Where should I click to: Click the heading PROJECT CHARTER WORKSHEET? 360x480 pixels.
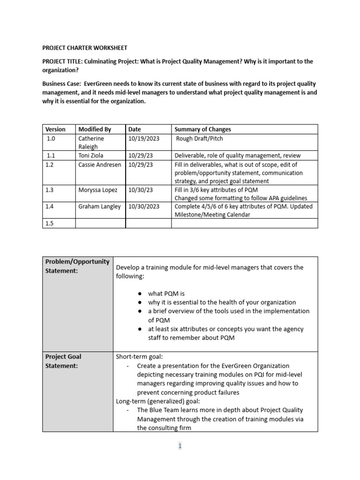point(85,48)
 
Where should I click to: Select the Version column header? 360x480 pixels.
point(55,129)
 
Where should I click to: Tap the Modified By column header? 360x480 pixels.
point(95,129)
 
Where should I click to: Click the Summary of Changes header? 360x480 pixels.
point(202,129)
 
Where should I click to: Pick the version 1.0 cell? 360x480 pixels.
point(51,139)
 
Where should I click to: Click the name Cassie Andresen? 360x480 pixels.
point(99,165)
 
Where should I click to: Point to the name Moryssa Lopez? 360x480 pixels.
point(98,190)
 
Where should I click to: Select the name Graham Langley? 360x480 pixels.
point(99,207)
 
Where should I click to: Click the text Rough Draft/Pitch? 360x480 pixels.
point(200,139)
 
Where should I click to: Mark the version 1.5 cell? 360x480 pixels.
point(50,224)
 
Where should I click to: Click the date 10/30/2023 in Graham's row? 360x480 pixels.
point(144,207)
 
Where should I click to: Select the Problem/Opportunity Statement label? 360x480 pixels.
point(77,266)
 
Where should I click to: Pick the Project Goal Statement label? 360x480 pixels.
point(63,361)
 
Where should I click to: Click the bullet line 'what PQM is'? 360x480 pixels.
point(166,293)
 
